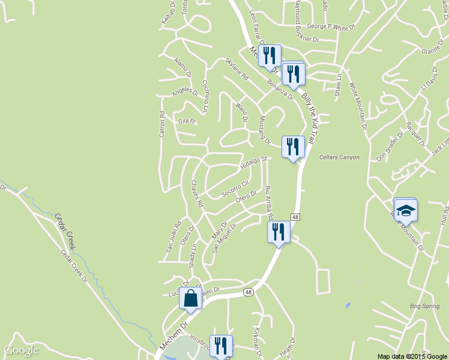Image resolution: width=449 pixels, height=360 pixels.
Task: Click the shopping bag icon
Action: coord(190,298)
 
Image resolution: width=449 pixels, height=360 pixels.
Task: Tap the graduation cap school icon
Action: coord(405,211)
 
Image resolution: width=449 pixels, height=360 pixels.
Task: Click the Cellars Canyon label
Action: coord(339,157)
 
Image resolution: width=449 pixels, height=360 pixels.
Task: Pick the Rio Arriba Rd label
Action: coord(269,202)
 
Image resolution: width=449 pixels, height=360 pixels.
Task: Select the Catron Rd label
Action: coord(161,124)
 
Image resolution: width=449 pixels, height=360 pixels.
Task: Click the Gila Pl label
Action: coord(187,121)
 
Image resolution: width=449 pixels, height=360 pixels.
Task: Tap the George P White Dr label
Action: coord(331,26)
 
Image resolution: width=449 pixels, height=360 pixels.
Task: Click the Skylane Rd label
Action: coord(237,69)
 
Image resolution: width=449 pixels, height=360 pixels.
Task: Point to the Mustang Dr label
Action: coord(265,130)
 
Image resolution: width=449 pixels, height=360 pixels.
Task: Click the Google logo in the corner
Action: coord(21,350)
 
